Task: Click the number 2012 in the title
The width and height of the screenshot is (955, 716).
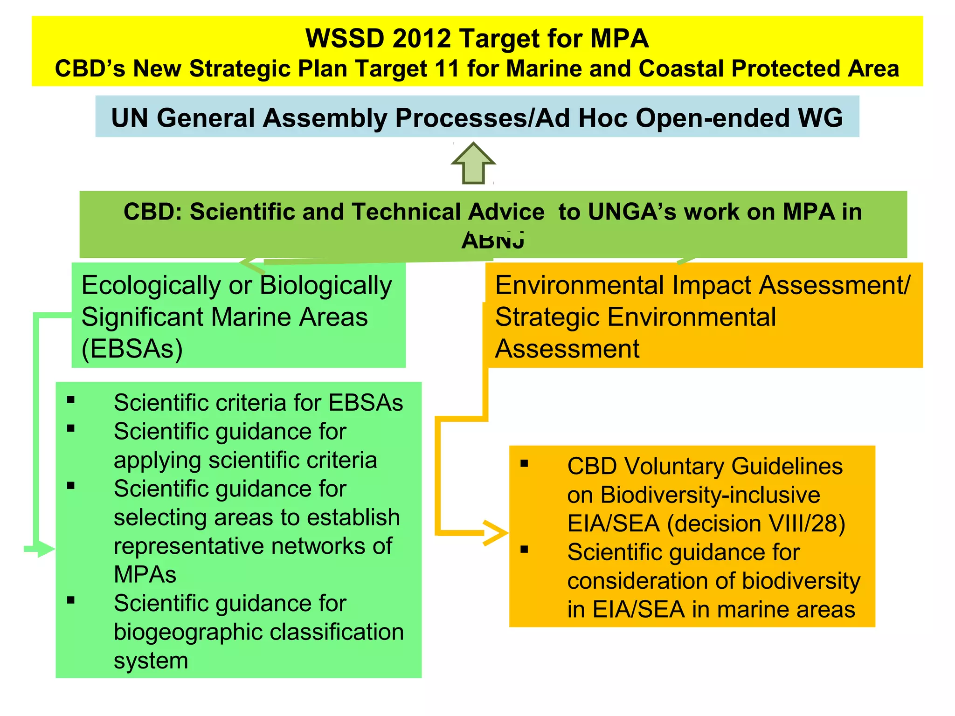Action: point(421,38)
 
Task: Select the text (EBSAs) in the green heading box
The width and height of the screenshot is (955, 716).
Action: point(132,349)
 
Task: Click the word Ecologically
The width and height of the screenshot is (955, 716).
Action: point(151,285)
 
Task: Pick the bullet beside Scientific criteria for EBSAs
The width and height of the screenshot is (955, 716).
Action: point(71,399)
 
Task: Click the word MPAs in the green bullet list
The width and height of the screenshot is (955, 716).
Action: point(145,574)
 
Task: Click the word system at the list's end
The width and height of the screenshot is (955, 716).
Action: point(151,661)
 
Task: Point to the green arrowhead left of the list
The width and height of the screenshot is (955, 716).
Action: point(46,549)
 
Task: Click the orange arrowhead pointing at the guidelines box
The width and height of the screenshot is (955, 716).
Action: point(496,533)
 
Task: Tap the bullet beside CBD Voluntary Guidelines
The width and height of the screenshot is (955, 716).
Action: point(525,463)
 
